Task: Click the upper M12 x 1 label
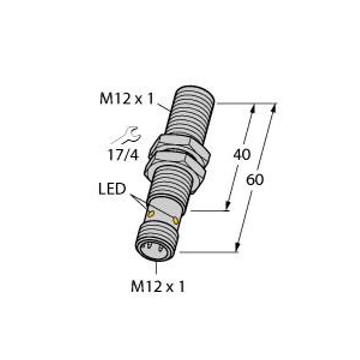point(127,100)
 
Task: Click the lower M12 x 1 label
point(158,287)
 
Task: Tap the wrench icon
point(129,136)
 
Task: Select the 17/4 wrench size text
point(124,155)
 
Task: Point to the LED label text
point(112,189)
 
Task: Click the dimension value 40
point(242,155)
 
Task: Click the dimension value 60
point(255,179)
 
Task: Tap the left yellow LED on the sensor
point(151,214)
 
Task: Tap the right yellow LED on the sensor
point(176,221)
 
